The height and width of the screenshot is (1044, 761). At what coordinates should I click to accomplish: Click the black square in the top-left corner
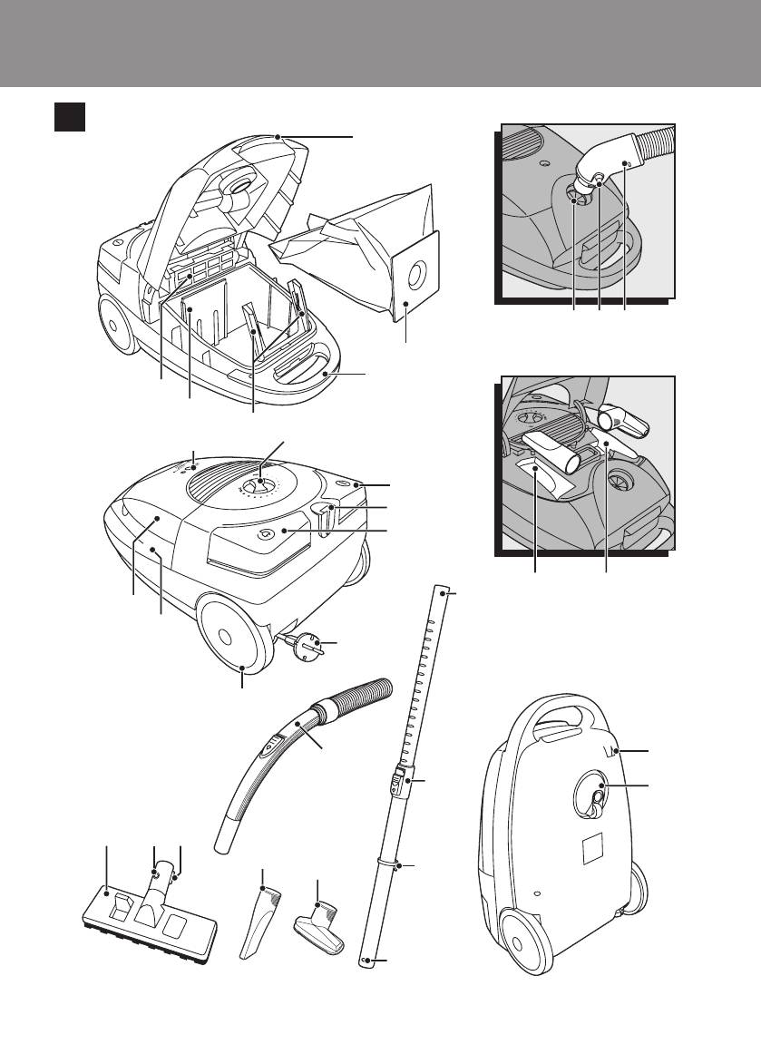[69, 117]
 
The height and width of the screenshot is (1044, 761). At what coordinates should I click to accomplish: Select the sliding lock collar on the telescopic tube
[399, 779]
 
